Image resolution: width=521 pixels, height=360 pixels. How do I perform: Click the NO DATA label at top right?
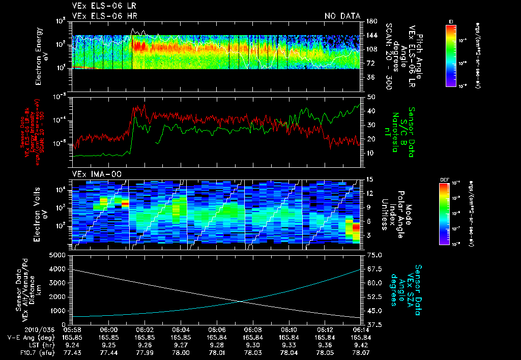point(342,16)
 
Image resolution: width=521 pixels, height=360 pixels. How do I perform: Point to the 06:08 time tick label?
point(253,330)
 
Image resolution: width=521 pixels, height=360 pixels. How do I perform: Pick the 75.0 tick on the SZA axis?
point(372,255)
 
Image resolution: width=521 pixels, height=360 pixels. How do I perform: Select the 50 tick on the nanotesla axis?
point(370,97)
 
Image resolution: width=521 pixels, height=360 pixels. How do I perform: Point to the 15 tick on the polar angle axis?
point(369,179)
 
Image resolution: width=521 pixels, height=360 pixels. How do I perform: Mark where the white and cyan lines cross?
point(240,302)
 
